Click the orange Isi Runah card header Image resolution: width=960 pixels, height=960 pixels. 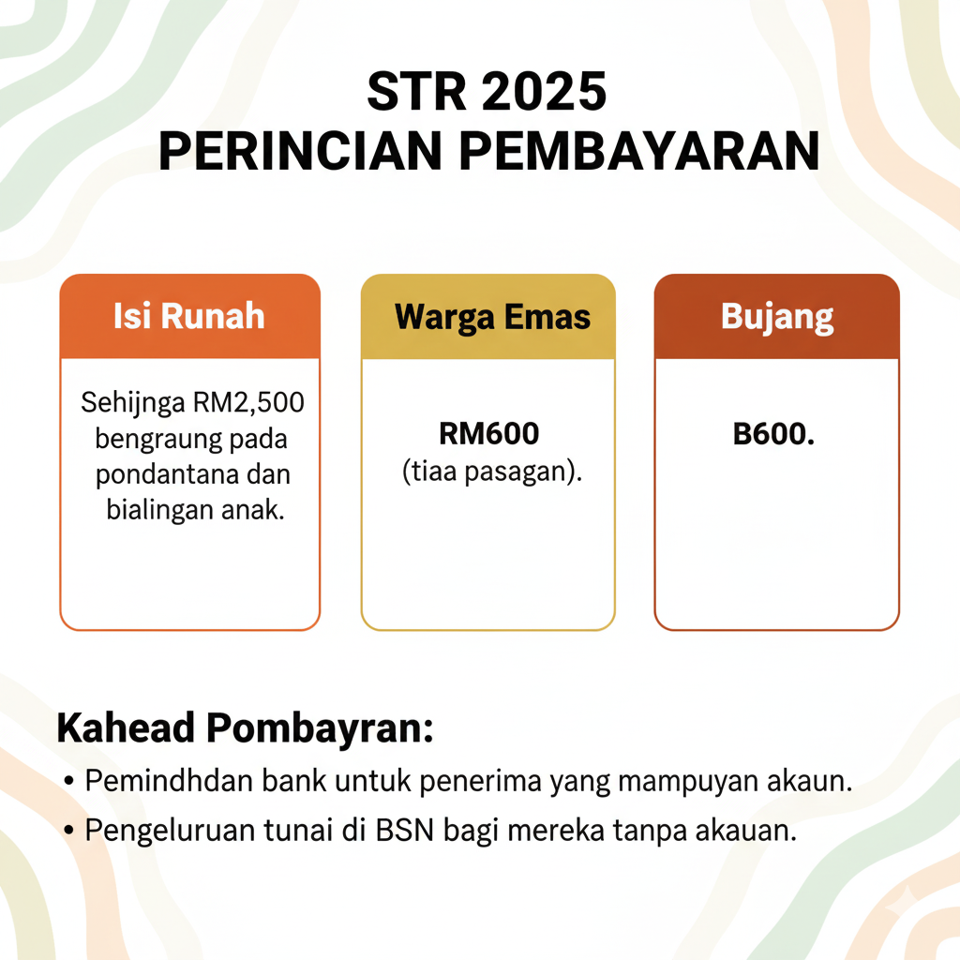(x=189, y=316)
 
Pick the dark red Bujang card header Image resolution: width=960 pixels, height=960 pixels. (x=777, y=316)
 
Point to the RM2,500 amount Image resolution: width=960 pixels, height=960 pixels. (x=255, y=404)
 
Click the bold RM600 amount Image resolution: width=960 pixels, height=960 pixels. (x=488, y=435)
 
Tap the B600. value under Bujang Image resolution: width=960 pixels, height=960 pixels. (x=773, y=436)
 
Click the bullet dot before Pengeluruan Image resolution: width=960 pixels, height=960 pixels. (x=70, y=832)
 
